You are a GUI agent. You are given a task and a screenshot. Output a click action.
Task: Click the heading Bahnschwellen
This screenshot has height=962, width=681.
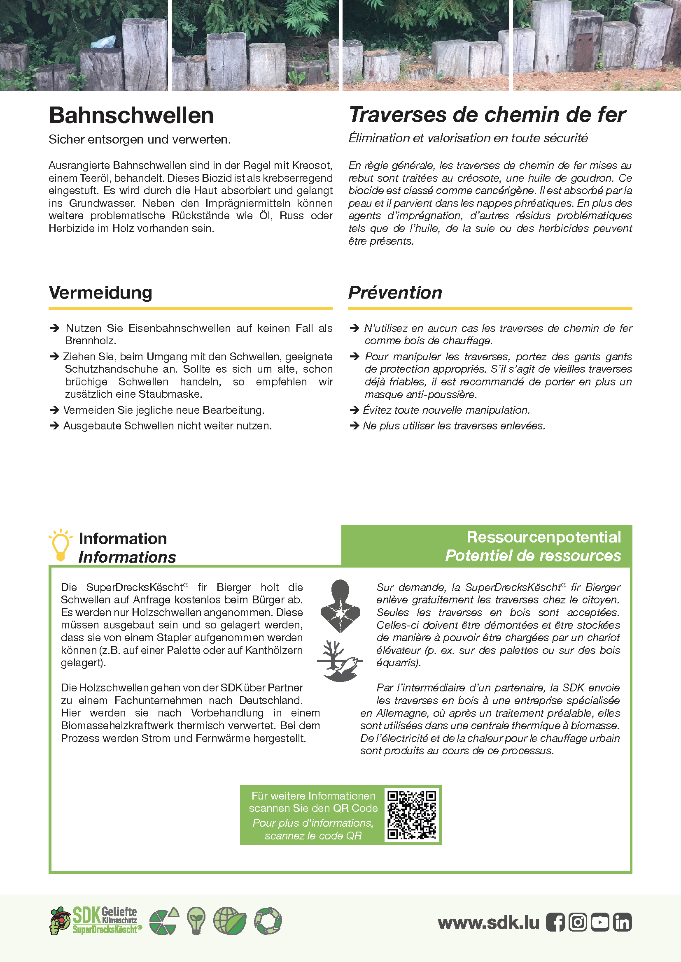pos(131,116)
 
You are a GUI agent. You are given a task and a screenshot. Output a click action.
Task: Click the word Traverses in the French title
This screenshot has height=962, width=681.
pos(398,115)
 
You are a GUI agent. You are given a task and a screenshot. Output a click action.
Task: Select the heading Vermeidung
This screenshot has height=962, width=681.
pos(100,292)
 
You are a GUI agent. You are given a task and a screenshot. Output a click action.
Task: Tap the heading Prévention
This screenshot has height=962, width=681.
pos(395,292)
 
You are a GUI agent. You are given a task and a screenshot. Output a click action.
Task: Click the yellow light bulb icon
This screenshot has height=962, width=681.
pos(61,544)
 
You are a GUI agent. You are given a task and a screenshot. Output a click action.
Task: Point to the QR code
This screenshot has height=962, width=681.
pos(411,815)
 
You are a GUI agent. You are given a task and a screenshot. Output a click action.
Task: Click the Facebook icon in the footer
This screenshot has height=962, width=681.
pos(555,922)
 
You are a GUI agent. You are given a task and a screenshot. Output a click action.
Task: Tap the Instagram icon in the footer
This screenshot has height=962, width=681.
pos(577,922)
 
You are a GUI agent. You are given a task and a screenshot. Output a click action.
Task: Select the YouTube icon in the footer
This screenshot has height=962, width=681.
pos(599,922)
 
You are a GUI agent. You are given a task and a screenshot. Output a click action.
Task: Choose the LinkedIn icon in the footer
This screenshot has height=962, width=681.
pos(622,922)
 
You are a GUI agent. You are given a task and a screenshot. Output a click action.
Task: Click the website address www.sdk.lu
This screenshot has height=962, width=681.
pos(488,922)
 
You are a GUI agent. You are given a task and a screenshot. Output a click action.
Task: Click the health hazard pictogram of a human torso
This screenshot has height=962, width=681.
pos(340,606)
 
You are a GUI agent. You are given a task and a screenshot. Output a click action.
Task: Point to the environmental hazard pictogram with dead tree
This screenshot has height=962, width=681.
pos(340,661)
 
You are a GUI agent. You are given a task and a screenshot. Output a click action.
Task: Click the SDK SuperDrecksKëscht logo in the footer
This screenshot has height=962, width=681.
pos(96,920)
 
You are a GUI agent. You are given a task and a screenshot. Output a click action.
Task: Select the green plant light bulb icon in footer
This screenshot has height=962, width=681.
pos(196,920)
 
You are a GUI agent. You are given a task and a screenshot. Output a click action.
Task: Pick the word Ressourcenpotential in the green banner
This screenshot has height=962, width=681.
pos(543,537)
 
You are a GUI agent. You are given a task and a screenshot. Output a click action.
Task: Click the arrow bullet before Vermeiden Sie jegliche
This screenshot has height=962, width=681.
pos(54,410)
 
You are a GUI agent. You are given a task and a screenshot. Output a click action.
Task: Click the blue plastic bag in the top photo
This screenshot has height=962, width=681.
pos(103,42)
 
